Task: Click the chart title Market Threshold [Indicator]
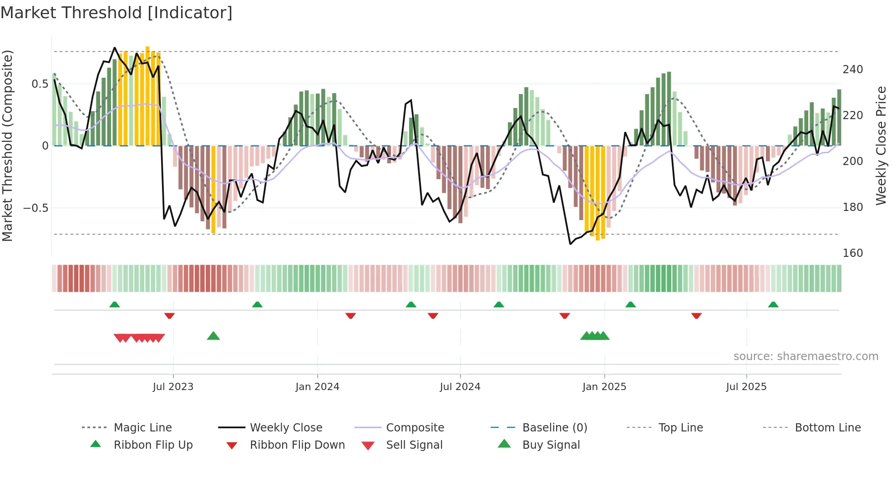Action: (117, 13)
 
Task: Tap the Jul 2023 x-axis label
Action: (173, 387)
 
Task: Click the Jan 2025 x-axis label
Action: (604, 387)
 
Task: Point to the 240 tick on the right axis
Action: (852, 70)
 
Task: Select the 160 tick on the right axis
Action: (852, 253)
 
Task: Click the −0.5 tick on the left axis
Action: (36, 208)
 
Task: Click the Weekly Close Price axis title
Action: (881, 145)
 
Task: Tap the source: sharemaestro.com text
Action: (806, 356)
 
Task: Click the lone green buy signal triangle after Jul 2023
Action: (213, 336)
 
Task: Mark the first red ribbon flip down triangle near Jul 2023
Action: (169, 316)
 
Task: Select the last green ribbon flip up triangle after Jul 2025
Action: (773, 305)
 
